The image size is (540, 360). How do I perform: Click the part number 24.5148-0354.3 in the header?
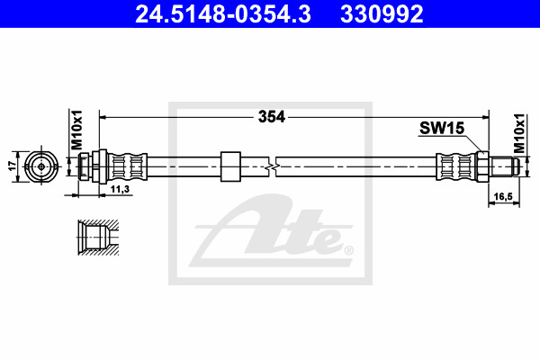click(223, 14)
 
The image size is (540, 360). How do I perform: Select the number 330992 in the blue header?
click(382, 14)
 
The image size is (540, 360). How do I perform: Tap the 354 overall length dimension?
click(272, 117)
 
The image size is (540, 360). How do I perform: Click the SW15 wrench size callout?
click(442, 128)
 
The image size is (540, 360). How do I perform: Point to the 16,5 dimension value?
click(503, 196)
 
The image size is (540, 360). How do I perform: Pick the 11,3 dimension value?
click(120, 189)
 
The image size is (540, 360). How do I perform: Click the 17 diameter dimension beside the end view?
click(13, 166)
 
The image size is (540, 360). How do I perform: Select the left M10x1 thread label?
click(76, 130)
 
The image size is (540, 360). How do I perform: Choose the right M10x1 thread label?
click(519, 133)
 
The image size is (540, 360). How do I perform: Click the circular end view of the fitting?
click(41, 166)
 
